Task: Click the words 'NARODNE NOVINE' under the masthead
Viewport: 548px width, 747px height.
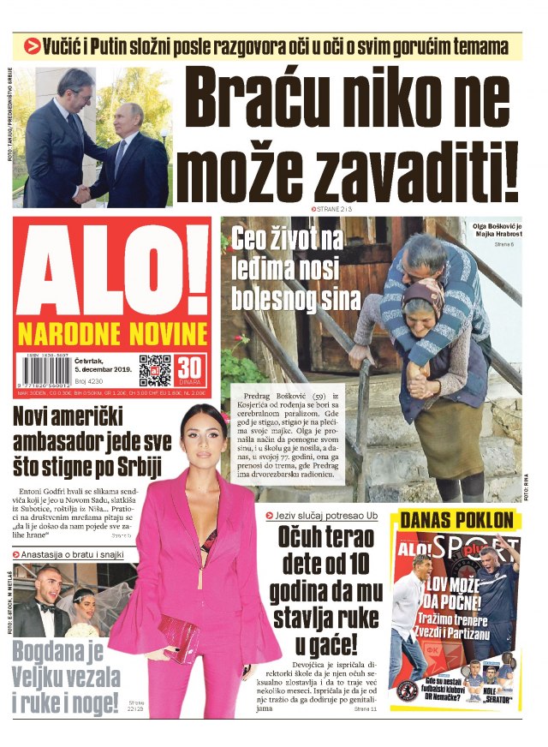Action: click(x=111, y=333)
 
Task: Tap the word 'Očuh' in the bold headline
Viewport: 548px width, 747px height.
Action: click(x=303, y=540)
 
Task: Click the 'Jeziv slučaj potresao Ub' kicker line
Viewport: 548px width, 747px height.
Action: click(x=325, y=517)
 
